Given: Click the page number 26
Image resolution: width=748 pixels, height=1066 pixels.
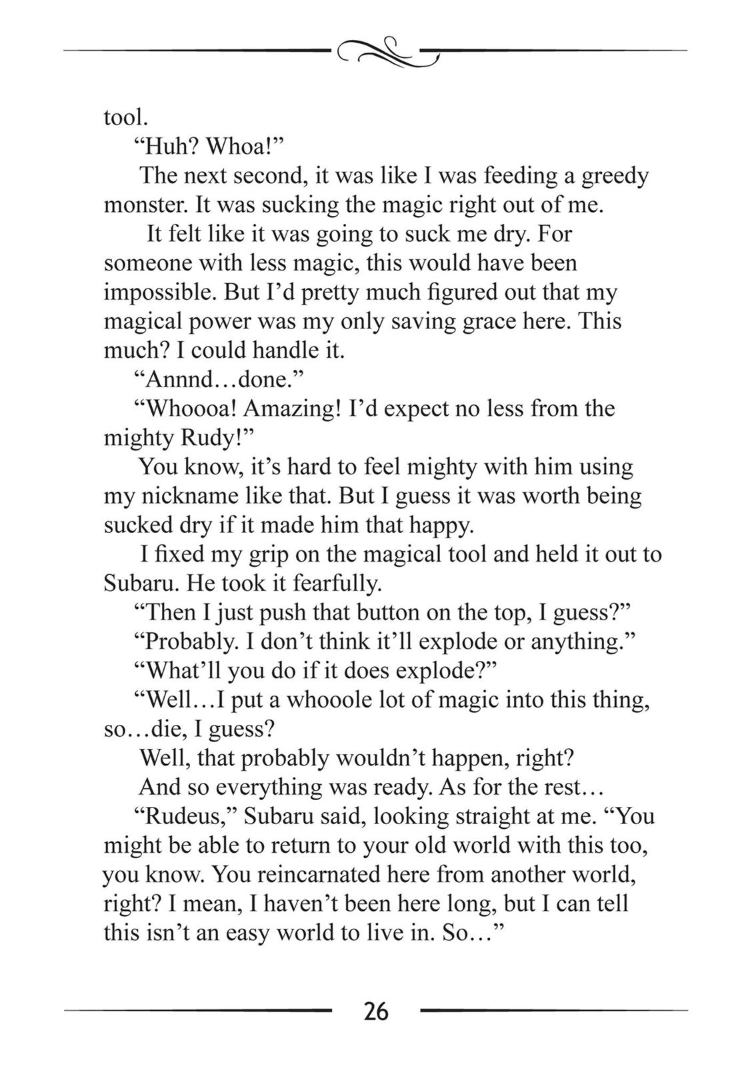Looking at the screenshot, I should [x=376, y=1011].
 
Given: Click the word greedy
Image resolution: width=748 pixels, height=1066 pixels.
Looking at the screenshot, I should [x=615, y=176].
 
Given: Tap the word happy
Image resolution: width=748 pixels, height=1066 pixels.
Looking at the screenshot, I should [x=443, y=526].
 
